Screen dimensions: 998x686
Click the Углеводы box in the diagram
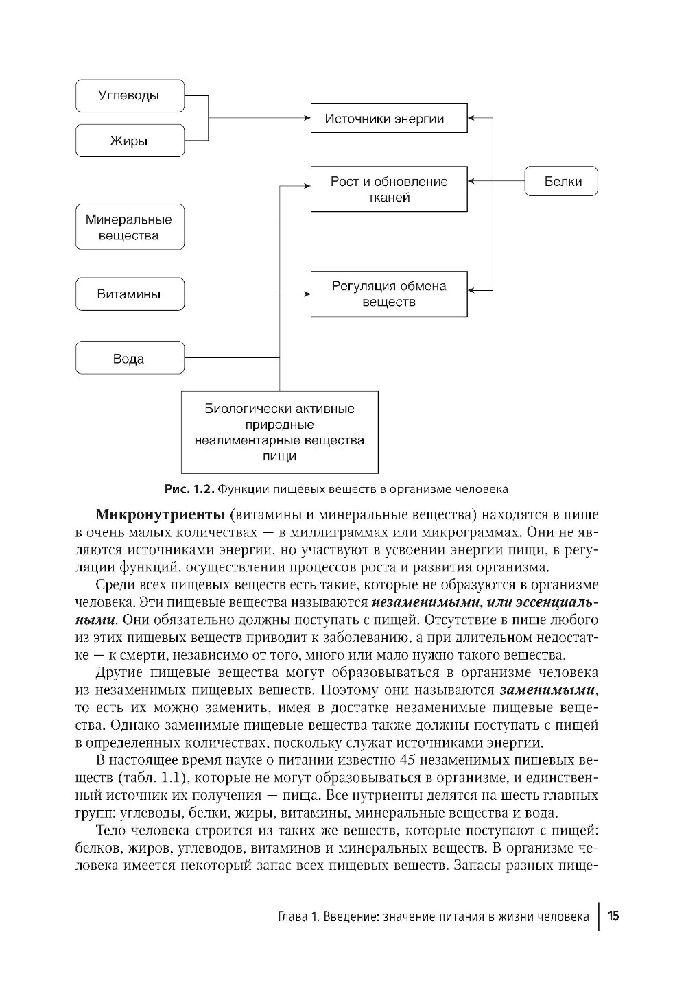click(130, 96)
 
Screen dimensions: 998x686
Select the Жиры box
click(130, 141)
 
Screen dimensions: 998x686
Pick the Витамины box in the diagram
click(130, 294)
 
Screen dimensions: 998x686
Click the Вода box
click(130, 359)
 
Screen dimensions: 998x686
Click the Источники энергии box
click(388, 119)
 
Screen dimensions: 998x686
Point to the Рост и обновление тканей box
click(388, 189)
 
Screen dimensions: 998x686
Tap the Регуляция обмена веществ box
click(388, 294)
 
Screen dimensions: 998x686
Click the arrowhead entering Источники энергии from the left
click(306, 119)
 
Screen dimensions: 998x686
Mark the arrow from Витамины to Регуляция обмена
click(247, 294)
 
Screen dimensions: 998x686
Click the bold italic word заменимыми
click(548, 690)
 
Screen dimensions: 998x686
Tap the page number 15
click(613, 916)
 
